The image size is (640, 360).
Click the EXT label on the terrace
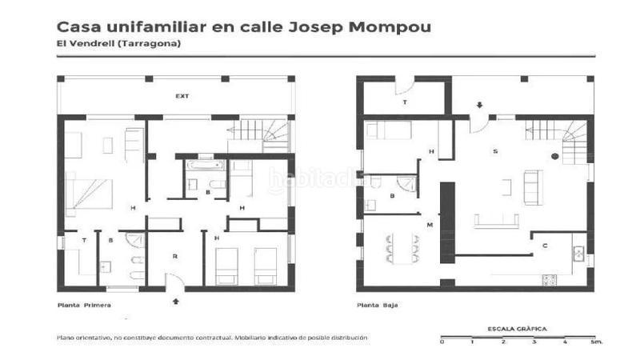(182, 97)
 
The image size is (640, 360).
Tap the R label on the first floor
(174, 258)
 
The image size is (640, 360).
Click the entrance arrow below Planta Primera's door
(176, 302)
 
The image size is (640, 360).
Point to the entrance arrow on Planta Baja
(479, 105)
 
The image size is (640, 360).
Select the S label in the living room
(495, 151)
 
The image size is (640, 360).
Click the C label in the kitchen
(544, 246)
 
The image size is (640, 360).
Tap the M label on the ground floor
(430, 224)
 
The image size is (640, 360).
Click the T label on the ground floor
(405, 103)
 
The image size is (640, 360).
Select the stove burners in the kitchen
(550, 280)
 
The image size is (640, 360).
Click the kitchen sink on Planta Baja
(578, 254)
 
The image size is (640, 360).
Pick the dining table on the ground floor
(402, 248)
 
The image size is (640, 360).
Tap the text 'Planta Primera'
(84, 306)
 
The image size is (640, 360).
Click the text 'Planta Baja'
(378, 306)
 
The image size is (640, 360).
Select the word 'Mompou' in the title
(394, 26)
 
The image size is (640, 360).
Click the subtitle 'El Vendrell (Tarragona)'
(118, 43)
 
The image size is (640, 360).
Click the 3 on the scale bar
(534, 342)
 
